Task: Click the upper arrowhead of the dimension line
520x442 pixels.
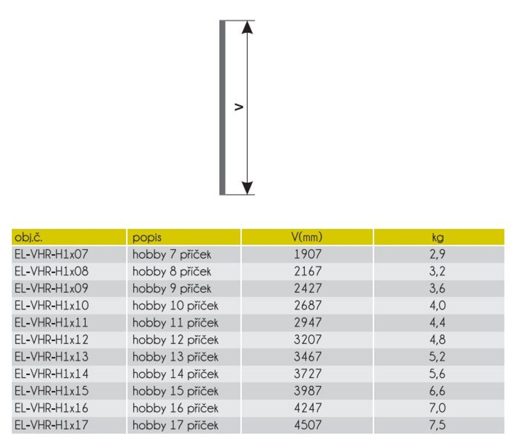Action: pyautogui.click(x=247, y=27)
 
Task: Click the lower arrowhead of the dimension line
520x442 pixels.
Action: pyautogui.click(x=247, y=188)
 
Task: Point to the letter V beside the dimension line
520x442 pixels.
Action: pyautogui.click(x=239, y=107)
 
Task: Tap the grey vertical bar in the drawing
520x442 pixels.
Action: pyautogui.click(x=222, y=108)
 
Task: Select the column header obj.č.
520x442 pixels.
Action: pyautogui.click(x=28, y=237)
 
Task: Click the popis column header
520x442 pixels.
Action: pyautogui.click(x=147, y=238)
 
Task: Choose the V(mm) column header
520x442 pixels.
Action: pyautogui.click(x=307, y=237)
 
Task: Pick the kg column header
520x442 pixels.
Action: pyautogui.click(x=438, y=238)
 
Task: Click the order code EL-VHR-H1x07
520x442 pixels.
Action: pyautogui.click(x=51, y=254)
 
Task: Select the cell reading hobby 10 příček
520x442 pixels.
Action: pyautogui.click(x=175, y=306)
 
